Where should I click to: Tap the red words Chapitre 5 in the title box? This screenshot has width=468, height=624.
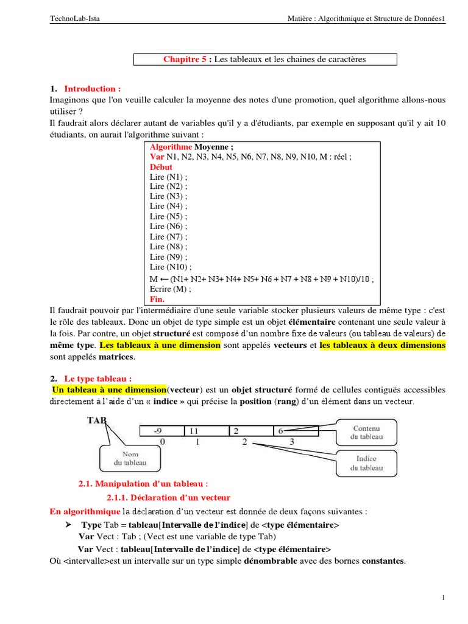[185, 59]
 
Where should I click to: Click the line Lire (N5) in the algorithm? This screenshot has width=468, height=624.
[169, 216]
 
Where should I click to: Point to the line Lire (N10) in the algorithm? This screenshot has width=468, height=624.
[171, 267]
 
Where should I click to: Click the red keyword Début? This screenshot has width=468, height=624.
[161, 167]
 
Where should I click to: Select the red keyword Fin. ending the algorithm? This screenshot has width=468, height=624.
[157, 299]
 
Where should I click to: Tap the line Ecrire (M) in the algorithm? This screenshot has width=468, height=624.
[169, 289]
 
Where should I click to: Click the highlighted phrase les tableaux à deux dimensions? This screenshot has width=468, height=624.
[382, 346]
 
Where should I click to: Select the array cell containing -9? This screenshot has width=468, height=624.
[161, 431]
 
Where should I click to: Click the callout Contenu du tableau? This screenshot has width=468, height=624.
[366, 432]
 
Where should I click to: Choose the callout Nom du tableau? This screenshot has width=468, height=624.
[130, 458]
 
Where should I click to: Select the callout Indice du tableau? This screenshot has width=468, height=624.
[366, 463]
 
